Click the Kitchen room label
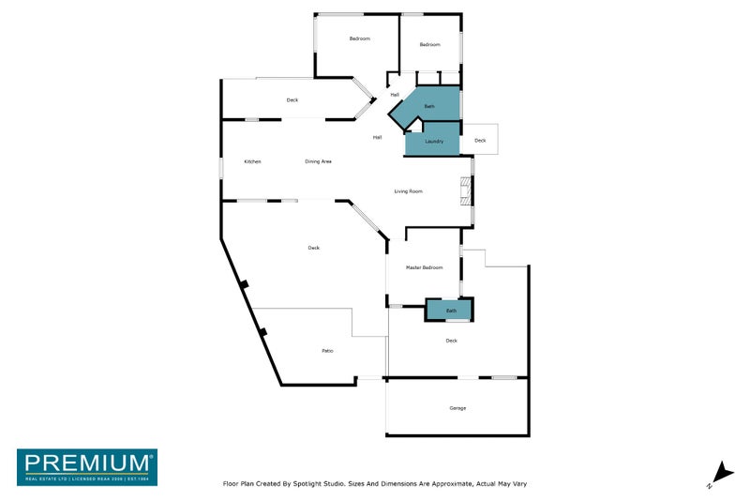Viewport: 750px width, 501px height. pos(252,161)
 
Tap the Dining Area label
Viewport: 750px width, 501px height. pos(319,161)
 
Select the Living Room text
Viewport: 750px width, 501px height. pos(408,191)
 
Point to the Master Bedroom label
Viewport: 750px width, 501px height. pos(424,268)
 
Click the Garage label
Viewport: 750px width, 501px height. pos(457,408)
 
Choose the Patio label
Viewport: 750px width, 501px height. pos(327,351)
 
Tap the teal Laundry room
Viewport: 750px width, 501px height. pos(433,141)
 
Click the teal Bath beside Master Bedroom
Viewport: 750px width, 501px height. pos(451,310)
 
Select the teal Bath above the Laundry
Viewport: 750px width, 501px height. pos(429,107)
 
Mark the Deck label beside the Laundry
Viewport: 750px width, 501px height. pos(480,141)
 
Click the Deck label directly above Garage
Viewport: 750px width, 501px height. pos(451,341)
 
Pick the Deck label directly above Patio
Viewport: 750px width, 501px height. pos(313,248)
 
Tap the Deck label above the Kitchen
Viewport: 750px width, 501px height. pos(292,100)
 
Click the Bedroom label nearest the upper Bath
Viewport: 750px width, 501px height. pos(429,45)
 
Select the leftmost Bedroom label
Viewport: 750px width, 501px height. pos(360,38)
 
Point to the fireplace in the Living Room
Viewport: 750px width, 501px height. pos(462,193)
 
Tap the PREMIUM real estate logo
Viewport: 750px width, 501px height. pos(87,466)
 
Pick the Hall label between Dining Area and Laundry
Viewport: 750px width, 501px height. pos(377,137)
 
